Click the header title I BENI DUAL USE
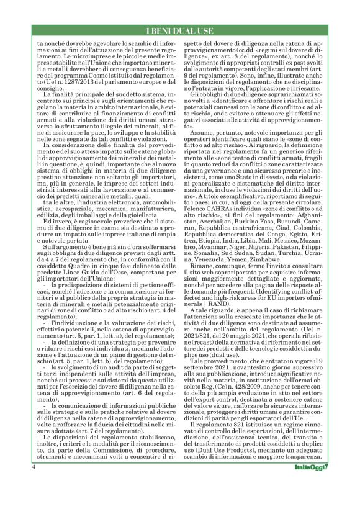click(x=179, y=31)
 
